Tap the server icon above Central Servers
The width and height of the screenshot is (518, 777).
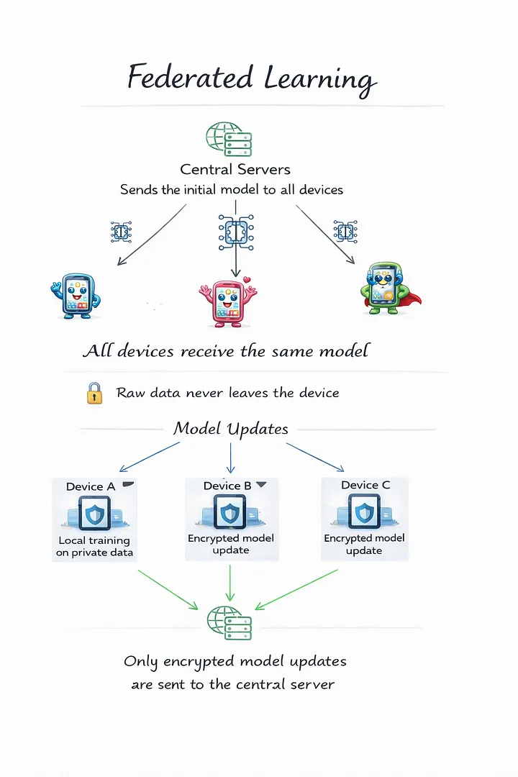pos(229,138)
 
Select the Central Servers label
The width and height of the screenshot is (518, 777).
pos(235,170)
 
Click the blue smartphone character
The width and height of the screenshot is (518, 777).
pos(76,295)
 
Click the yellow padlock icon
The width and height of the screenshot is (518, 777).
pos(95,393)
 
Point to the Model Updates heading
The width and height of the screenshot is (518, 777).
pos(230,430)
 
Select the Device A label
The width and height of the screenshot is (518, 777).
pos(91,487)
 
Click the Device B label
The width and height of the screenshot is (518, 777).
pos(227,486)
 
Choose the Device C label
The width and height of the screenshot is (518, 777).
pos(365,486)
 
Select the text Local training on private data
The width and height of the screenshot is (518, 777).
pos(94,547)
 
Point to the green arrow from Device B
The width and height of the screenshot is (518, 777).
pos(230,583)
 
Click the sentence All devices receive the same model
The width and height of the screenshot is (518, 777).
pos(226,351)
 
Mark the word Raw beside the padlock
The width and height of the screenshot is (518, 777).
pos(131,394)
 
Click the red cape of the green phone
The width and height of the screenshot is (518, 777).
pos(412,298)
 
